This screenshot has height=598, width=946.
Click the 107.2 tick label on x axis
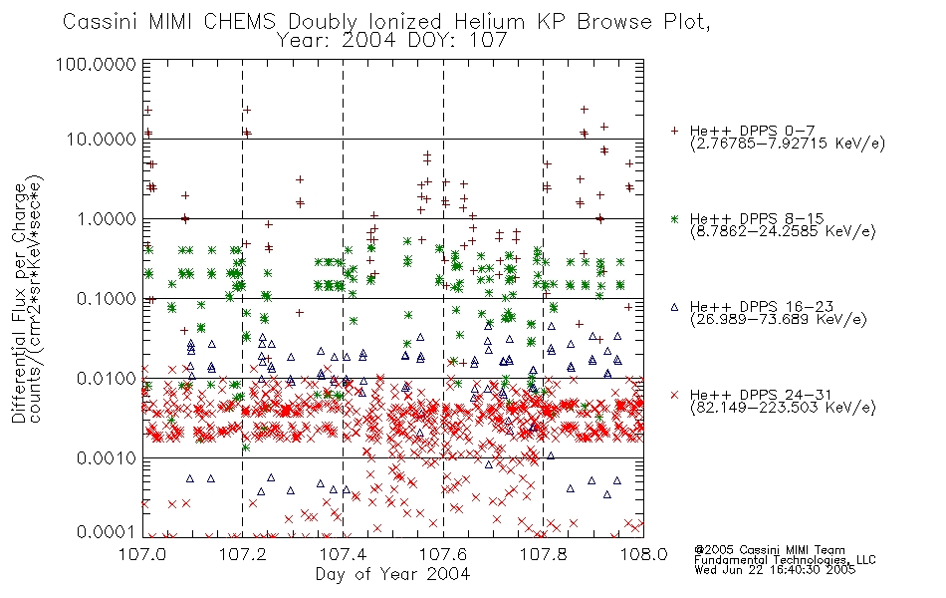[243, 554]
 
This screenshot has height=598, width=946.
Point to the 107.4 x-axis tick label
[343, 554]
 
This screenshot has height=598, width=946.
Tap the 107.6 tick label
[443, 554]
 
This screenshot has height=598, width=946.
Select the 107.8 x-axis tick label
[543, 554]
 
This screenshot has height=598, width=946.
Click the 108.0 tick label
[643, 554]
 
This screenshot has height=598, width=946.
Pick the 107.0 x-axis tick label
[142, 554]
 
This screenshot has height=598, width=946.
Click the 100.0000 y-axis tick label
[96, 64]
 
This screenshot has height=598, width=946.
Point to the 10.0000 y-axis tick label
[102, 140]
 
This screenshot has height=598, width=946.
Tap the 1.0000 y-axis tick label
[107, 219]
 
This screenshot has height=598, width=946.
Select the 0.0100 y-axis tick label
[107, 379]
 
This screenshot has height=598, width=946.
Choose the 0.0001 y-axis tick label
[107, 532]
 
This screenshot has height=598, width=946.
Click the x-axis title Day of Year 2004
[392, 574]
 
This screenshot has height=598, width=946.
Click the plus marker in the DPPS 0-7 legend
[674, 131]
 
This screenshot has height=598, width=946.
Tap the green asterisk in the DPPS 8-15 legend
[674, 218]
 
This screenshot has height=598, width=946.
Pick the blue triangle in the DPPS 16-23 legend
[674, 307]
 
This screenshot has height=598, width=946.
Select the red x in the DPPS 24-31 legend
[674, 395]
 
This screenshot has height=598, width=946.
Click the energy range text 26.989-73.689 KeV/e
[779, 319]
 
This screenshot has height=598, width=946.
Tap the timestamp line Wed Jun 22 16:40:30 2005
[775, 570]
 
